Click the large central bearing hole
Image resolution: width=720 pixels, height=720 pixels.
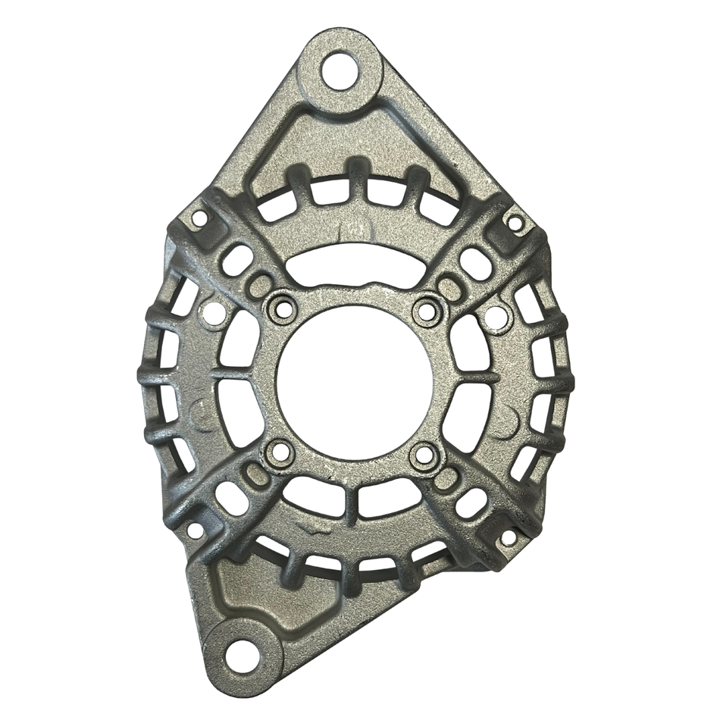coord(355,380)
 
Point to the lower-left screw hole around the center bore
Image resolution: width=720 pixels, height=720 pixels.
coord(279,452)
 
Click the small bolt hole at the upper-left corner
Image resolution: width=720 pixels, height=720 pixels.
coord(199,218)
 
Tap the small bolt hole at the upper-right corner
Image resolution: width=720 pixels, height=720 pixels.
coord(515,224)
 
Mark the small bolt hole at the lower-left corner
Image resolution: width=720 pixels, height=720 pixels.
coord(195,530)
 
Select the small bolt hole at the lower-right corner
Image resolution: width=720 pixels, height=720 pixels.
coord(509,537)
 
